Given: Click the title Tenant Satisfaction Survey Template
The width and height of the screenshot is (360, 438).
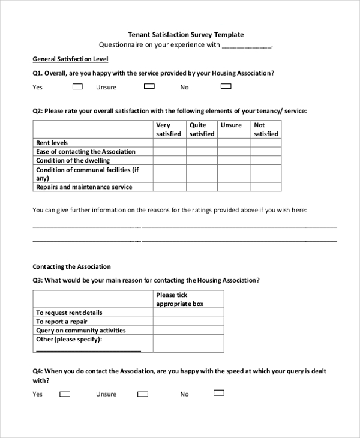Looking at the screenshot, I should pos(186,35).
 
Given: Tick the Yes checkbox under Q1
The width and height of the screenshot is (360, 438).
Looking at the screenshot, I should pos(77,86).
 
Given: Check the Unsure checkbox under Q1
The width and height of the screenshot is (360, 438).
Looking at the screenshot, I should pos(149,86).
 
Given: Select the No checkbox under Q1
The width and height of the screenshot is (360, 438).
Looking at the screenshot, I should pos(226,86).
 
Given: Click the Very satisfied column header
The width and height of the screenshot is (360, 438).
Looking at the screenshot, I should pos(169,130).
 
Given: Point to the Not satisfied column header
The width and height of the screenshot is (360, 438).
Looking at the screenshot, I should pos(266,130).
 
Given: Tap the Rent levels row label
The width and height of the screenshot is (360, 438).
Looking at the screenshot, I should pos(52,143).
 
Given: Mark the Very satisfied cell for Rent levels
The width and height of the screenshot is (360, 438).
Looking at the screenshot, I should pos(169,143).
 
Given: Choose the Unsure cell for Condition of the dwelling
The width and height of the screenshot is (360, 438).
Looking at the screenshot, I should pos(234,160).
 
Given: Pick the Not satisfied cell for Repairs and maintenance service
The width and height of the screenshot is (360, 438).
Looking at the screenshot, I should pos(266,187).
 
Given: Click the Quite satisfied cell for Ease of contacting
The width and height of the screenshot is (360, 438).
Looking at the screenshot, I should pos(202,152).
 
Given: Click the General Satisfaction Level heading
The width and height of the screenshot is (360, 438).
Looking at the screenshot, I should pos(70,59).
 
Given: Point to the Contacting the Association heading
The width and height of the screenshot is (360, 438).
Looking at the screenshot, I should pos(71,266).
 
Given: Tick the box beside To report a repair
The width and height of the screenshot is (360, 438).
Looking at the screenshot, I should pos(188,322).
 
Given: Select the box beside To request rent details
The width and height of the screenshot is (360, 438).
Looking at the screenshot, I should pos(188,313).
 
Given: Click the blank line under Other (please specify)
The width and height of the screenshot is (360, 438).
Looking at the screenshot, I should pos(88,349).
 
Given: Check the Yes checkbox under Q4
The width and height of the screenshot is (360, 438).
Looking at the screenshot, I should pos(65,394).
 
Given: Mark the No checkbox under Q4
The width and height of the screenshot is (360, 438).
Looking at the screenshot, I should pos(219,393).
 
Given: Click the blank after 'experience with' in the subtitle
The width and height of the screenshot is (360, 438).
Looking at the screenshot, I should pos(247,45).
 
